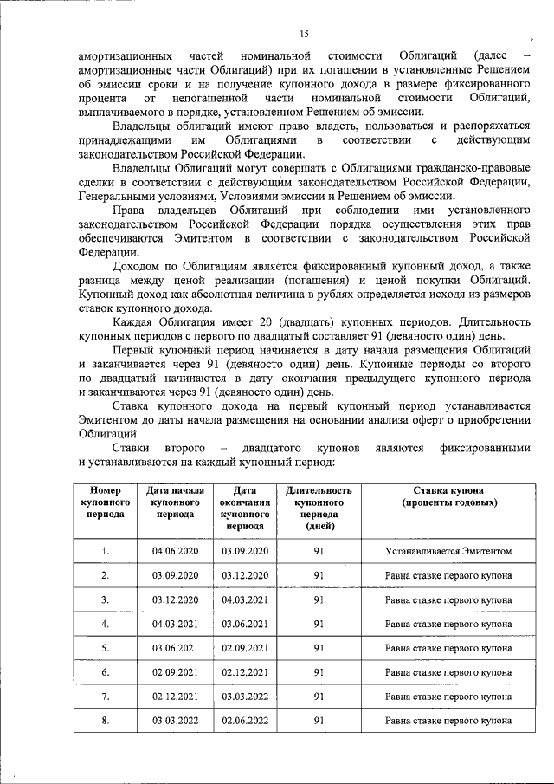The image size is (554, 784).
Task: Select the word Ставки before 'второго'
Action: point(132,449)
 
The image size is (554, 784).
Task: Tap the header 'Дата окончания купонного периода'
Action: point(246,508)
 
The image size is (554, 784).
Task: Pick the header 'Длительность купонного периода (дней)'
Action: point(319,508)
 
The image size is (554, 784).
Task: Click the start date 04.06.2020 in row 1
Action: point(176,551)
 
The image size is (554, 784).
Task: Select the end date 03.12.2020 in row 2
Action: point(246,575)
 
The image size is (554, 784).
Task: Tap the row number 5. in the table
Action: point(105,648)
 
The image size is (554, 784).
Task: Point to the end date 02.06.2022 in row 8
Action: point(246,720)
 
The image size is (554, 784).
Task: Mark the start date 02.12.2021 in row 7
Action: point(176,696)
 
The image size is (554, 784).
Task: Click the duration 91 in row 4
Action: point(319,624)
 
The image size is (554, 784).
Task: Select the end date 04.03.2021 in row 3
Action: point(246,599)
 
